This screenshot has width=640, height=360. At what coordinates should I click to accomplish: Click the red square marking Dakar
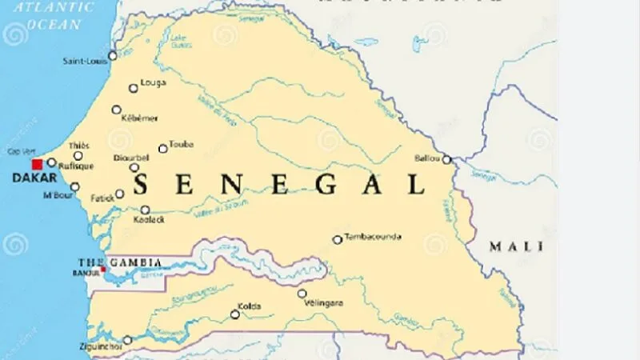(x=37, y=163)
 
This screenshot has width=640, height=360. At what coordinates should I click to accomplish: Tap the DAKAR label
(x=29, y=178)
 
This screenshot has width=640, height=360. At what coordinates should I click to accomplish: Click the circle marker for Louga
(x=133, y=89)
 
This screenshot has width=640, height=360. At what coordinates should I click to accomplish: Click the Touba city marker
(x=163, y=148)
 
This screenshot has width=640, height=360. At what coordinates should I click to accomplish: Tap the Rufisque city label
(x=78, y=166)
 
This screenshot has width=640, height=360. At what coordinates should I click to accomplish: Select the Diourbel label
(x=132, y=158)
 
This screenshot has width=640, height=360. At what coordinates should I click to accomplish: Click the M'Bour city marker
(x=74, y=187)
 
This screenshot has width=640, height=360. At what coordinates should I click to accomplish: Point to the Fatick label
(x=102, y=198)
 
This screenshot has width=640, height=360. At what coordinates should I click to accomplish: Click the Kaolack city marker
(x=145, y=210)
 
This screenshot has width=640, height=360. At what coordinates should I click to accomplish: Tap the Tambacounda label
(x=373, y=237)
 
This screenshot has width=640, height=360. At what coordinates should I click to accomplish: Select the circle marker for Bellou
(x=446, y=159)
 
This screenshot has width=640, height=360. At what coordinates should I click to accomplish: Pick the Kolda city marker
(x=235, y=314)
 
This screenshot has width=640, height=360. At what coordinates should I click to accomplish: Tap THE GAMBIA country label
(x=120, y=262)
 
